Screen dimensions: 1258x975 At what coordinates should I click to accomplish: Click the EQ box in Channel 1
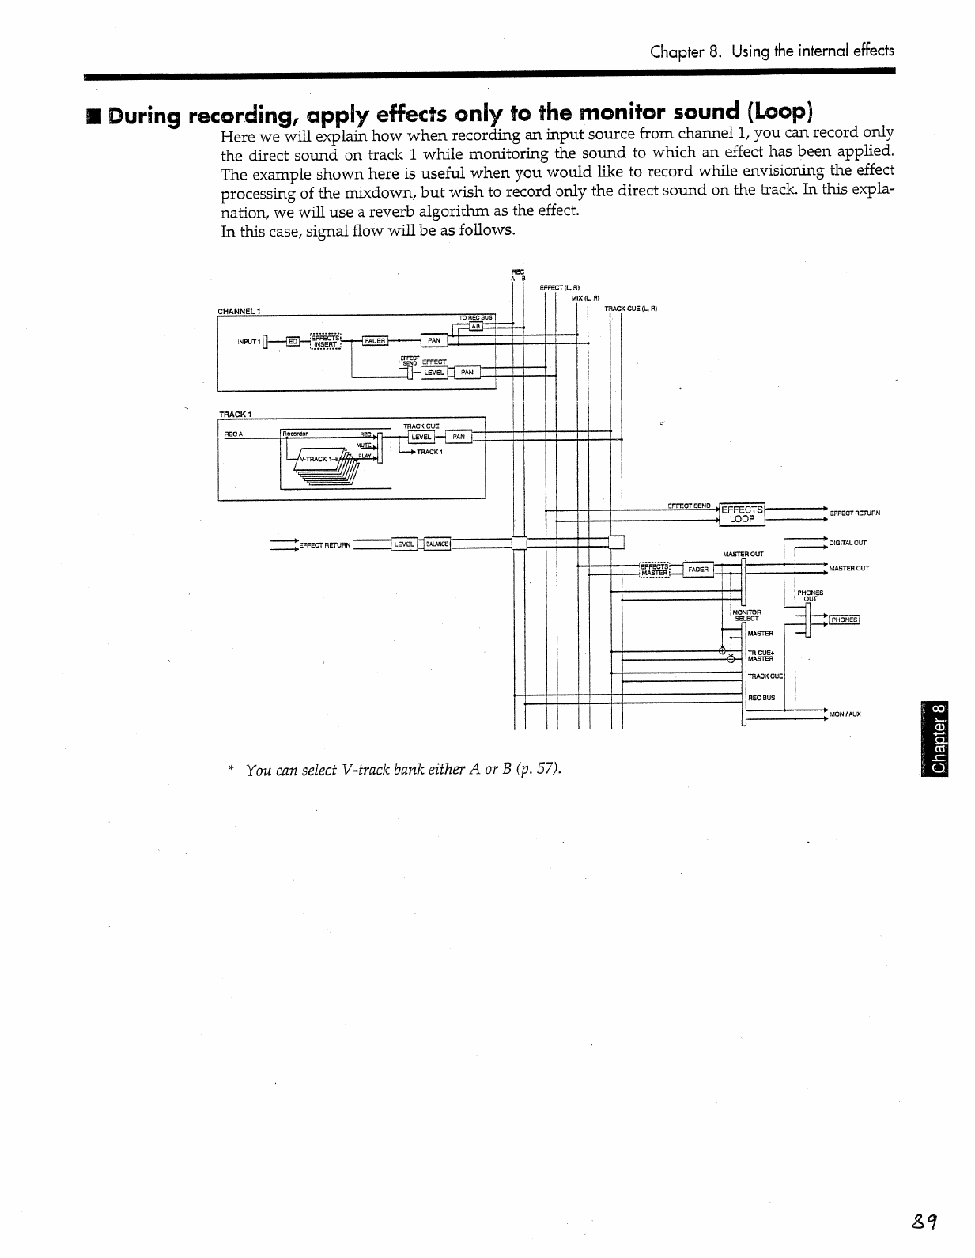click(x=293, y=341)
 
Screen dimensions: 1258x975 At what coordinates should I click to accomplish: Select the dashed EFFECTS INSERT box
click(x=325, y=341)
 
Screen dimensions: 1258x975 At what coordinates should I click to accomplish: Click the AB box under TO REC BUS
click(x=475, y=325)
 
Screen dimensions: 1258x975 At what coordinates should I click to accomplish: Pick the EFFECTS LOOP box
click(x=742, y=514)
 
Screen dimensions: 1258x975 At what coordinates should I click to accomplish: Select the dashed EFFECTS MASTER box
click(x=655, y=570)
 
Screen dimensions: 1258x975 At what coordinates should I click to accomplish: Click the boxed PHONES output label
click(x=844, y=620)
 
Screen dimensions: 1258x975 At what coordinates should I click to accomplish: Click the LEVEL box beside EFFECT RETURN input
click(x=404, y=544)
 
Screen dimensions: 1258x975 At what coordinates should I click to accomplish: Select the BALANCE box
click(x=437, y=544)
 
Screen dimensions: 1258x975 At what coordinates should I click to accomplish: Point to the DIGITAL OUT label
click(x=848, y=543)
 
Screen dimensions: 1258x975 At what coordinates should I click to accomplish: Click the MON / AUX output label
click(x=845, y=714)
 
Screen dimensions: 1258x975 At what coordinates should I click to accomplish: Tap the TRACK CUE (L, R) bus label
click(x=631, y=309)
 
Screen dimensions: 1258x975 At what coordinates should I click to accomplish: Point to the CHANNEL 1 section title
click(x=240, y=311)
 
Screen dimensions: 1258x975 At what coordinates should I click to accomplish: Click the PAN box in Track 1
click(x=459, y=437)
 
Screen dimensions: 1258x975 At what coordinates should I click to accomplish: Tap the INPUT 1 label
click(x=249, y=342)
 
